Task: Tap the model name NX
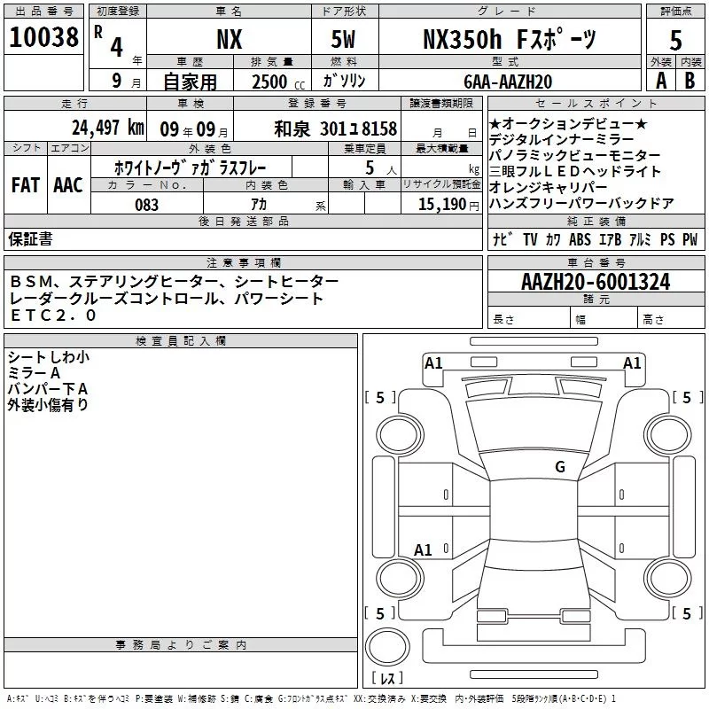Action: pos(229,39)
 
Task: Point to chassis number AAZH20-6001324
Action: pos(595,283)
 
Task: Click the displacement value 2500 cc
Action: pos(277,82)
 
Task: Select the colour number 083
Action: pos(146,205)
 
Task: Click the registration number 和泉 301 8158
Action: pos(336,129)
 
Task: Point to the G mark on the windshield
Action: pos(559,467)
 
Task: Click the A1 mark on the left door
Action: pos(424,550)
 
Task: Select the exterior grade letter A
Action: pos(660,80)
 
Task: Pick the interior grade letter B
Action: pos(690,80)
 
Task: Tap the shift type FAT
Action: pos(25,185)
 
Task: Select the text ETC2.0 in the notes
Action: pos(53,316)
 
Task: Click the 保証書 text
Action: pos(30,238)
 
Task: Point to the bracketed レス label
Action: pos(386,679)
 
